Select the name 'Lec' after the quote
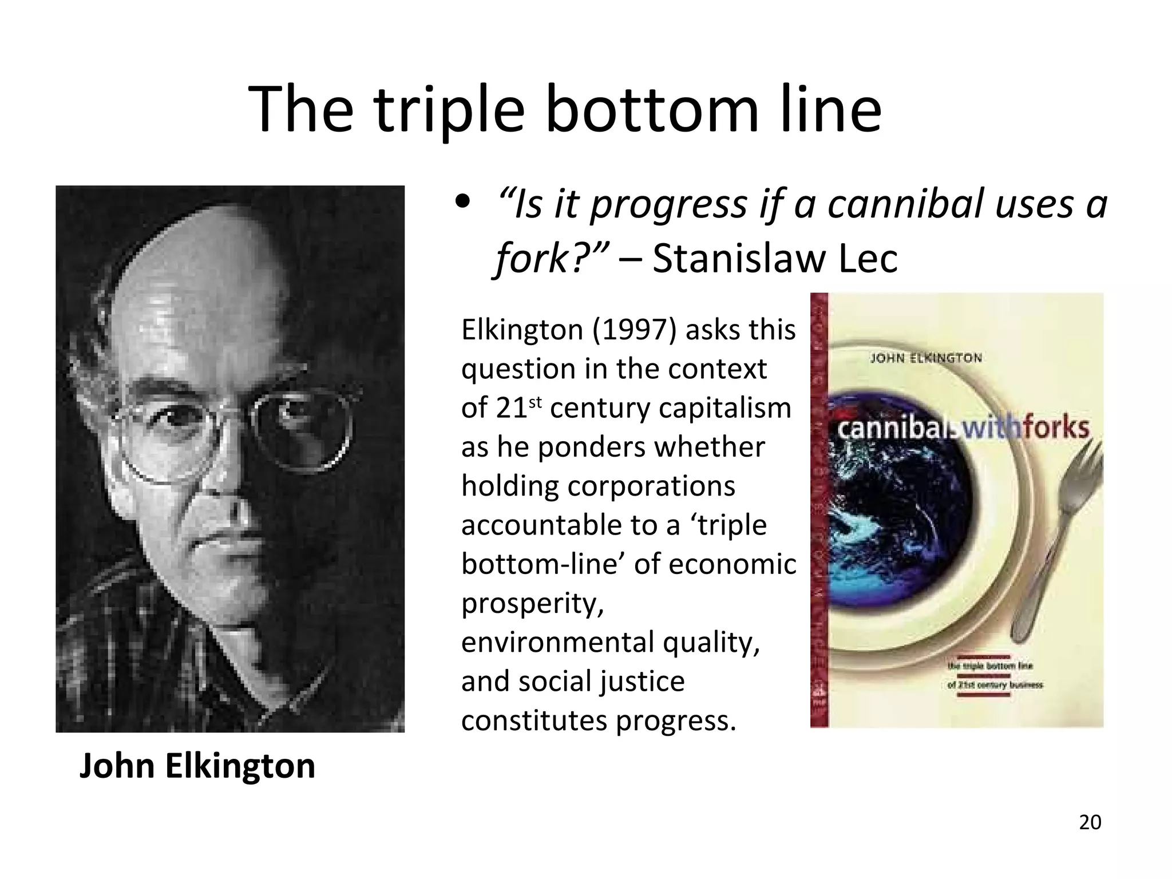tap(868, 259)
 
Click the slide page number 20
tap(1090, 822)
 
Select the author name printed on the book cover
tap(926, 359)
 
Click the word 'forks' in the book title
tap(1056, 427)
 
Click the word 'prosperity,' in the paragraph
tap(532, 604)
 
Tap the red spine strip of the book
tap(819, 509)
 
